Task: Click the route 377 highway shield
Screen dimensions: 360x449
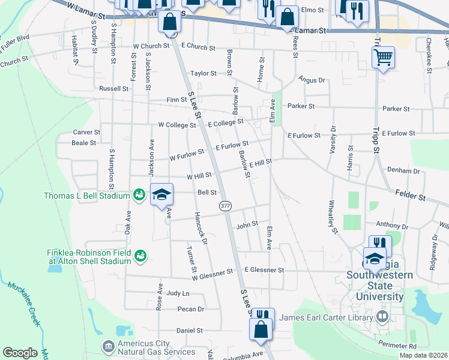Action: tap(226, 205)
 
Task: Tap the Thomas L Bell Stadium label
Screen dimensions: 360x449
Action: tap(87, 196)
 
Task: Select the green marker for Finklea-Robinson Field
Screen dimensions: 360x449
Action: tap(140, 256)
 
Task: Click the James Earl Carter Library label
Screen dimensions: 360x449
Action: tap(326, 317)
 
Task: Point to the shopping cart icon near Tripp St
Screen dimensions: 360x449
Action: tap(383, 58)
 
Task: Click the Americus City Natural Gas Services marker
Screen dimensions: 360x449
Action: tap(108, 346)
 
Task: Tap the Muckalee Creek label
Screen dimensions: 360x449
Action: tap(25, 304)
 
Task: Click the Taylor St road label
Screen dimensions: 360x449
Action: tap(203, 73)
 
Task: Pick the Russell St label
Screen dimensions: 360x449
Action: tap(113, 88)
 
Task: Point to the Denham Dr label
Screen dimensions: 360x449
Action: tap(403, 171)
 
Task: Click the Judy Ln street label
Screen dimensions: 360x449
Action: tap(178, 293)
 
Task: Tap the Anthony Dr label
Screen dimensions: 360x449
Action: tap(391, 226)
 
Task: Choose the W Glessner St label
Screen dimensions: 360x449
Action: tap(212, 273)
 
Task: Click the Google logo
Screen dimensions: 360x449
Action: tap(20, 353)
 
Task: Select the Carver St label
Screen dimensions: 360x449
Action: tap(86, 132)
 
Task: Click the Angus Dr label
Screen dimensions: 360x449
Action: tap(311, 79)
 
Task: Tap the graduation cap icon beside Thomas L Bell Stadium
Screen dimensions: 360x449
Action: tap(161, 194)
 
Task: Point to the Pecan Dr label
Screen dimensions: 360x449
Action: tap(191, 310)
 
